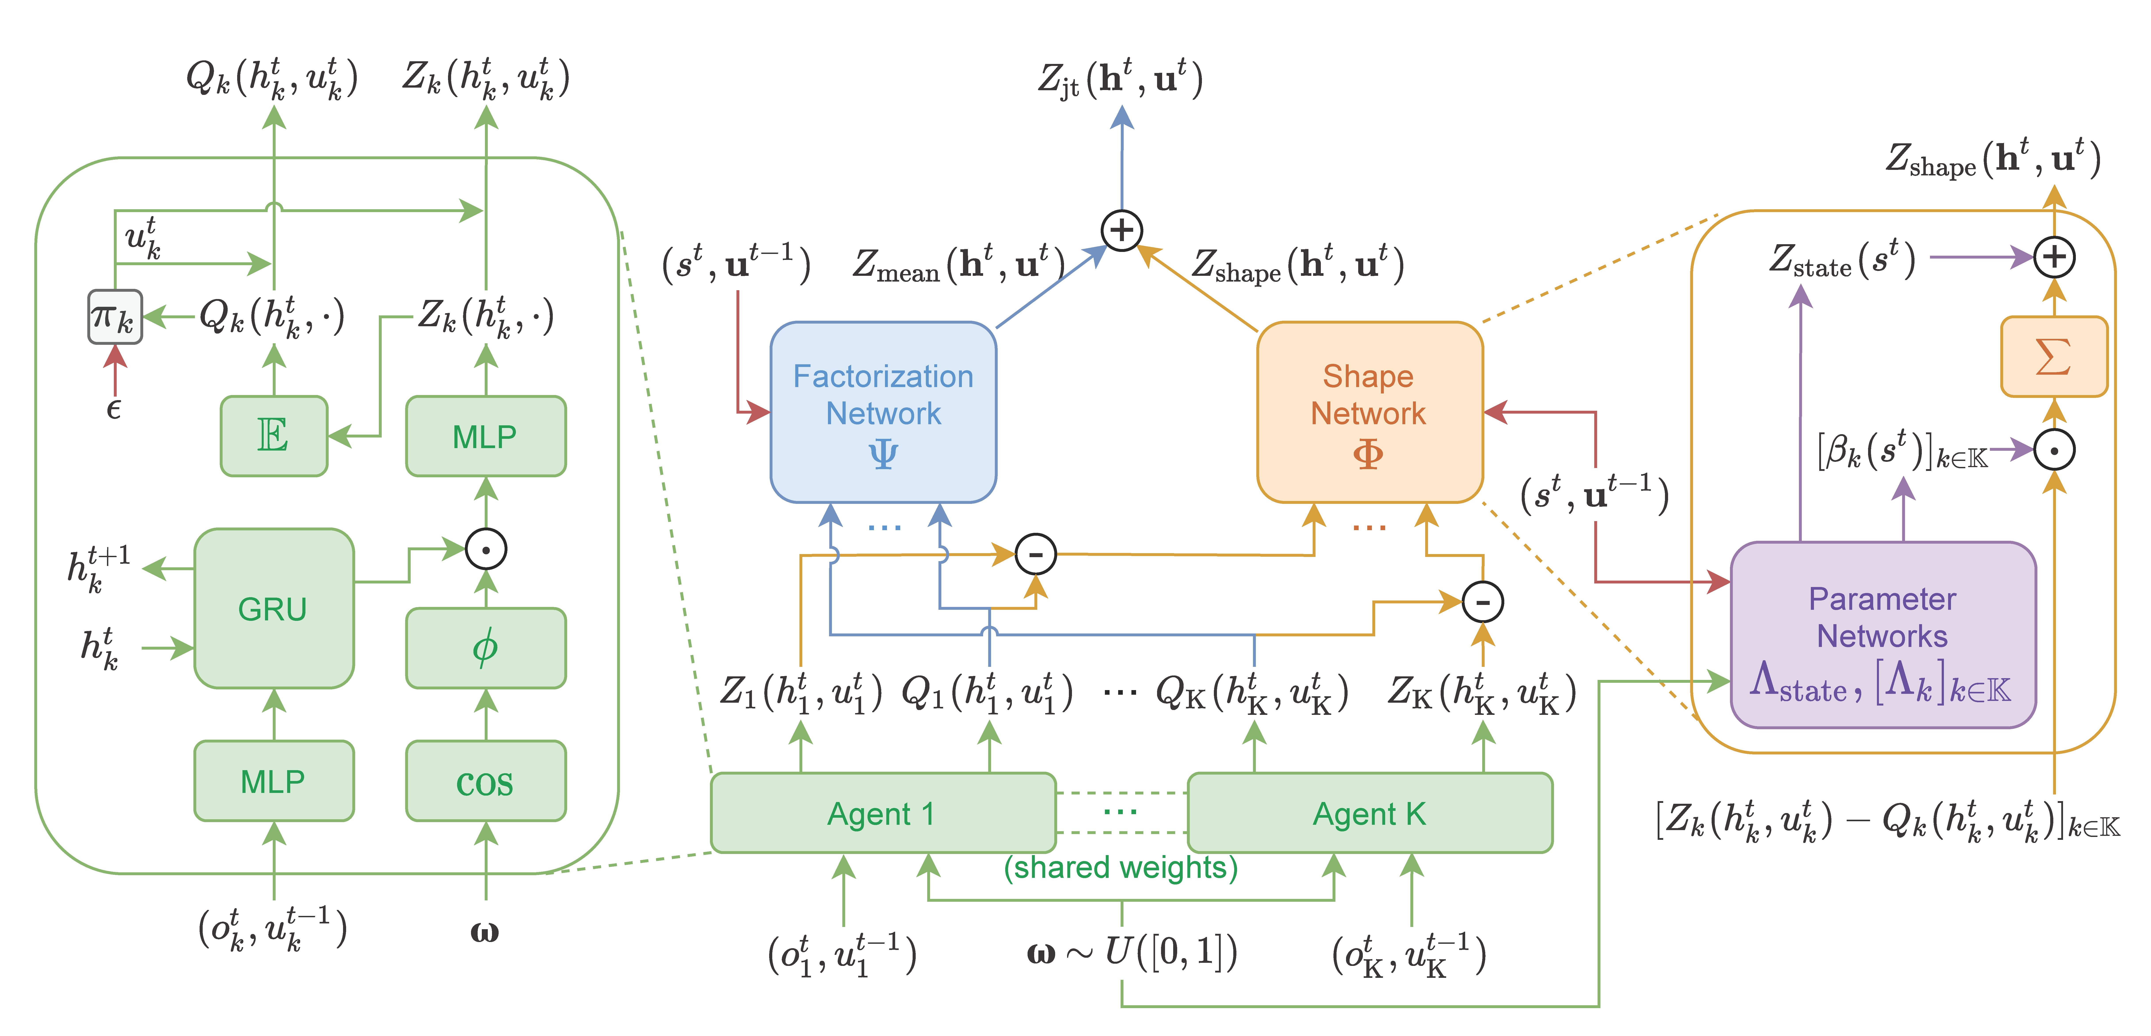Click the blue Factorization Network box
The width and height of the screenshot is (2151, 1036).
click(x=883, y=412)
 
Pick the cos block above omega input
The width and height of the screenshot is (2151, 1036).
click(x=485, y=781)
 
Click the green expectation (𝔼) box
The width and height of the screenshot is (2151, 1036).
click(x=273, y=435)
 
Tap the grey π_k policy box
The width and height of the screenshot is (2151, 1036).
click(x=114, y=317)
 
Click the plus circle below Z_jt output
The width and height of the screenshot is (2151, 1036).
click(x=1121, y=230)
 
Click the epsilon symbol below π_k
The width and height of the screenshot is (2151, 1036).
click(x=114, y=409)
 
